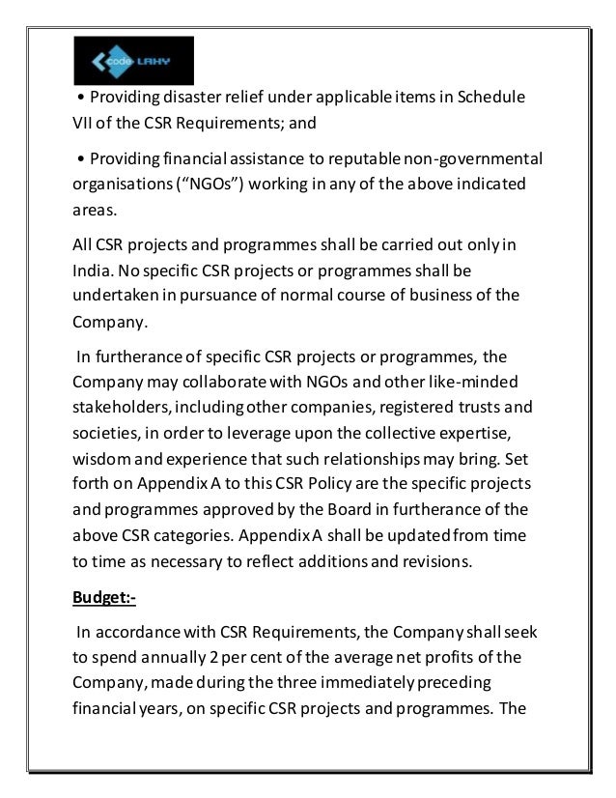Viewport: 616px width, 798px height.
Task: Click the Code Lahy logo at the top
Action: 133,61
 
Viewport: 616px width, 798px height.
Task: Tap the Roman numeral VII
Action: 87,124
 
